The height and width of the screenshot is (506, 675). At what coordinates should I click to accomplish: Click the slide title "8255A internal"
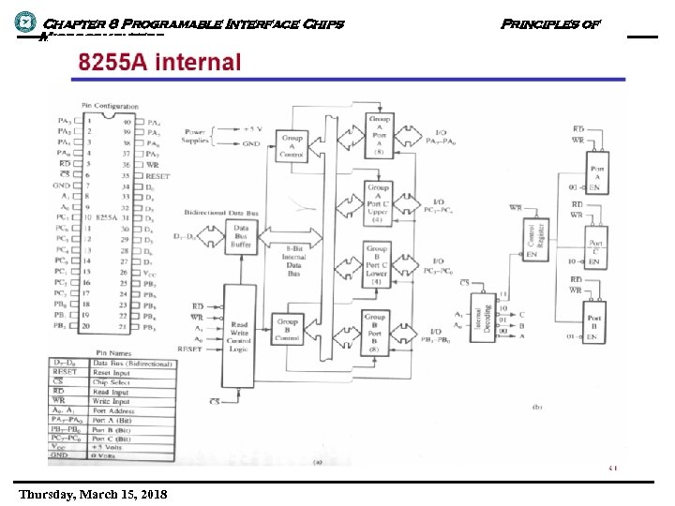point(159,65)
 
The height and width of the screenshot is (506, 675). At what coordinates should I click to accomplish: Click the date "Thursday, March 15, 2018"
point(92,493)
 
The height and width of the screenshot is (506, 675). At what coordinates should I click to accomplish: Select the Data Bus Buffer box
point(242,237)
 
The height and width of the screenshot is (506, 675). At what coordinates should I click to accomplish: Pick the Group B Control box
point(287,327)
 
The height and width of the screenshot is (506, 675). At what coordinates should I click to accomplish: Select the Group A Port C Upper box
point(379,203)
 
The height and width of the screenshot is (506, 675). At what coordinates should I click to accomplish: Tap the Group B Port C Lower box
point(376,267)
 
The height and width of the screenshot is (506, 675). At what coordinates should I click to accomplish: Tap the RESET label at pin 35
point(158,176)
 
